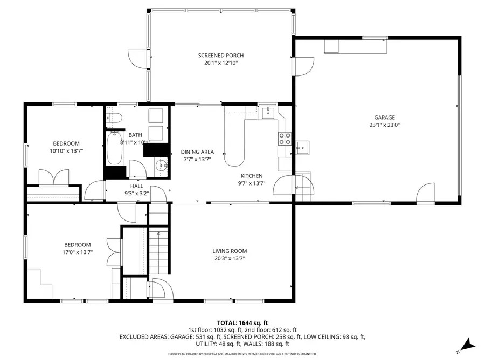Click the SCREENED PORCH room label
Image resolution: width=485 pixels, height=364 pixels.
tap(220, 56)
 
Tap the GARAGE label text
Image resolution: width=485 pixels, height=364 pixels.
tap(384, 118)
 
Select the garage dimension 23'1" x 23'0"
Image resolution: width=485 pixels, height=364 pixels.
tap(384, 125)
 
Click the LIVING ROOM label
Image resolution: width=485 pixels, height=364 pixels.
tap(230, 251)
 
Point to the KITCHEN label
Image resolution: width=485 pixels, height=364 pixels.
tap(252, 176)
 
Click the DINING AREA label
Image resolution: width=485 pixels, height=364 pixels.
tap(197, 152)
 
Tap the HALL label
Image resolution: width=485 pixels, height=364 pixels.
tap(136, 186)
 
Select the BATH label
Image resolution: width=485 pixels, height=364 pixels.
tap(135, 135)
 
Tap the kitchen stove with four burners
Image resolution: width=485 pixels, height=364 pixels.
tap(285, 139)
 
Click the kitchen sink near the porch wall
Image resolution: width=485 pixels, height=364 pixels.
tap(268, 113)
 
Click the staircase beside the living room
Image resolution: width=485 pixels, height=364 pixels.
tap(160, 251)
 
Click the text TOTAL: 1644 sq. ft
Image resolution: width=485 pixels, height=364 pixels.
tap(242, 322)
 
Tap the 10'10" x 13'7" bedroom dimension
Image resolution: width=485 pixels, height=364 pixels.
tap(66, 151)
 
